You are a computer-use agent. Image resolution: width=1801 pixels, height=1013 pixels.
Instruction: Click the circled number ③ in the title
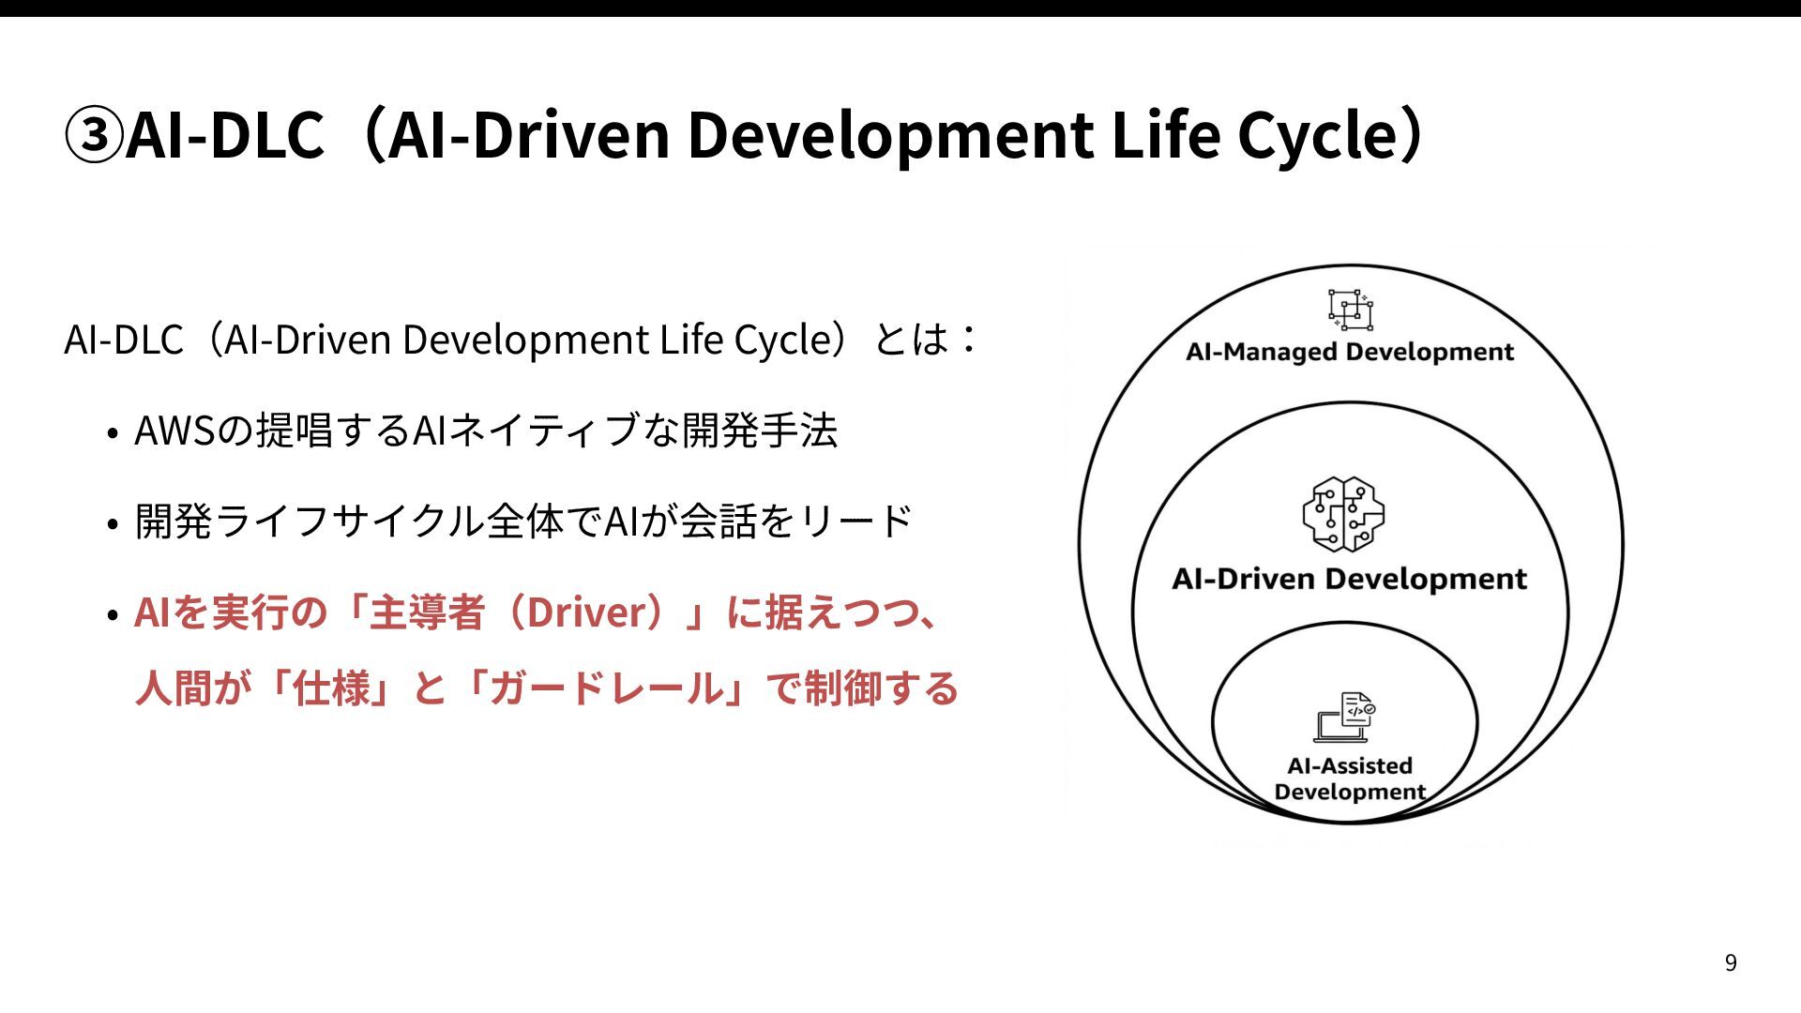tap(94, 135)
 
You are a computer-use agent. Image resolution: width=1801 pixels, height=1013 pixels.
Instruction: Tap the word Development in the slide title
tap(890, 135)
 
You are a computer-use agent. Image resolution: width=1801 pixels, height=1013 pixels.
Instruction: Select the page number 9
tap(1731, 963)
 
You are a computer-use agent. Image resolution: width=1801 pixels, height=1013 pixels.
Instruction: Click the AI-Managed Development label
tap(1349, 352)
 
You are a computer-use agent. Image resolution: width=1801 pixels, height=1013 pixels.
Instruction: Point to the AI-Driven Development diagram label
tap(1349, 579)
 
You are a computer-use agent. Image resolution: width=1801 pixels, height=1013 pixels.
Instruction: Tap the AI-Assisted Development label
tap(1349, 779)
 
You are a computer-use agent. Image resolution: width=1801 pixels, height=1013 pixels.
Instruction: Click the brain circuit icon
tap(1343, 513)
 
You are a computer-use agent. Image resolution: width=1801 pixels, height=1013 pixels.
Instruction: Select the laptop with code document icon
tap(1344, 718)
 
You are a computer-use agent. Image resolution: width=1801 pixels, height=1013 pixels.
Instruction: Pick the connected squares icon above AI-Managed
tap(1350, 309)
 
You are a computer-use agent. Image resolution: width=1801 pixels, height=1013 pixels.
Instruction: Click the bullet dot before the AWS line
tap(113, 433)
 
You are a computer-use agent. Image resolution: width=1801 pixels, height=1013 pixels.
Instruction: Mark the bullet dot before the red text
tap(113, 615)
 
